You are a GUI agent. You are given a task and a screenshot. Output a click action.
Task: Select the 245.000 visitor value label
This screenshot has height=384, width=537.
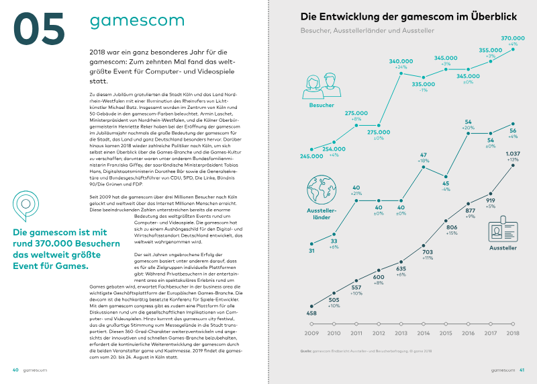(x=312, y=156)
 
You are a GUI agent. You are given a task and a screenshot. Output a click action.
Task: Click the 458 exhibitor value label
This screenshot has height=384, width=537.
(x=311, y=313)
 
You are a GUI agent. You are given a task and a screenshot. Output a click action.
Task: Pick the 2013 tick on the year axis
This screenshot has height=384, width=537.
(x=401, y=333)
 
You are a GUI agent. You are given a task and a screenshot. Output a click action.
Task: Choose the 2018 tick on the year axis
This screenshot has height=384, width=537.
(x=513, y=333)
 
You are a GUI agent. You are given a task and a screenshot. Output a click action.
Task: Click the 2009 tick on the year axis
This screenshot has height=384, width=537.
(x=311, y=333)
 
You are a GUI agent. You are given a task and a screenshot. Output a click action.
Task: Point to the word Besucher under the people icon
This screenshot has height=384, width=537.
(x=321, y=106)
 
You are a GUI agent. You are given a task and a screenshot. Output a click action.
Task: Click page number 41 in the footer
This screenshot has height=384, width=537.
(x=521, y=369)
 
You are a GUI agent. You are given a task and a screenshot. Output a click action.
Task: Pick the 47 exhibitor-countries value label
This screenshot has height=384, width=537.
(x=423, y=155)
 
